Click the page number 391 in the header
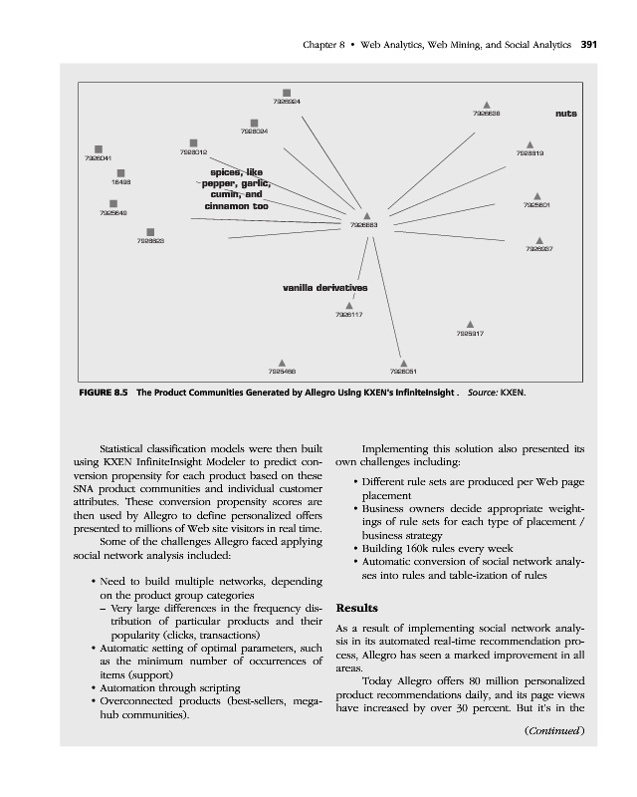click(588, 45)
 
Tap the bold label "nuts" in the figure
click(566, 114)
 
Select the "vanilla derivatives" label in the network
click(325, 288)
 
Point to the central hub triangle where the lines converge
click(367, 215)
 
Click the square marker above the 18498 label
click(119, 172)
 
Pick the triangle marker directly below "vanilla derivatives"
click(348, 306)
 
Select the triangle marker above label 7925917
click(470, 324)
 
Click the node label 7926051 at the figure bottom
click(403, 372)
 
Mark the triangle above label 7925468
click(283, 363)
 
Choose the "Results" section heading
click(358, 607)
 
